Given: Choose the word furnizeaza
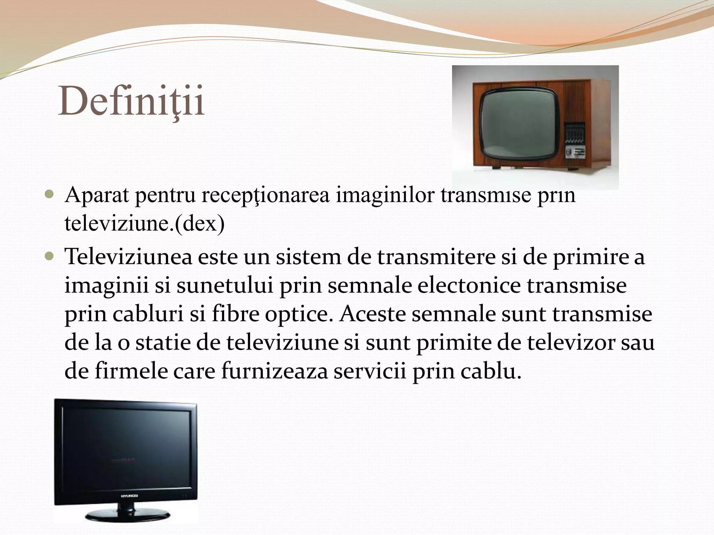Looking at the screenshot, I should [x=275, y=372].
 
